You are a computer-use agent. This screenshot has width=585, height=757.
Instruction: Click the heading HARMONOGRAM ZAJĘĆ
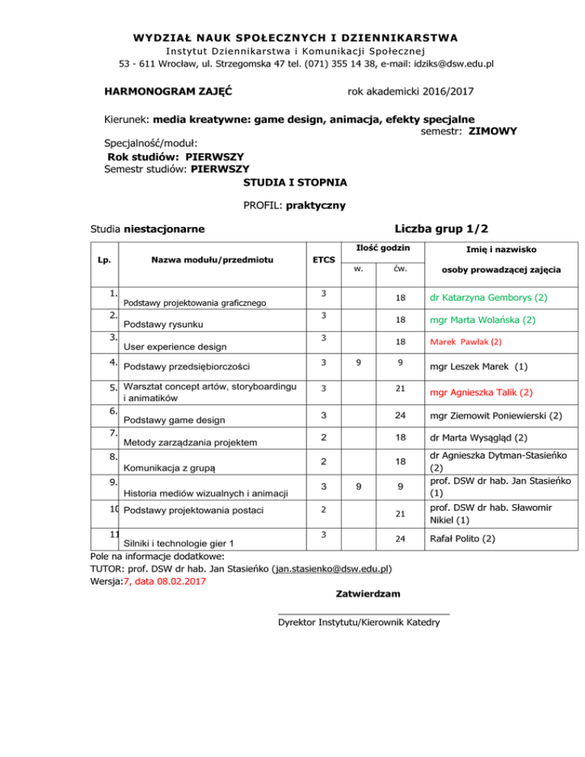pos(168,92)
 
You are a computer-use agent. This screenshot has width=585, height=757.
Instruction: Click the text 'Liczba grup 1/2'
pos(442,227)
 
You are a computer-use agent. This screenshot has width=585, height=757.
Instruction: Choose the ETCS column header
pos(324,260)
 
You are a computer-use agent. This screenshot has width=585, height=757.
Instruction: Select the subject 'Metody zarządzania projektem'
pos(190,442)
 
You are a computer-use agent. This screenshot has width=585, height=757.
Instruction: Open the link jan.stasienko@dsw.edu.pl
pos(333,568)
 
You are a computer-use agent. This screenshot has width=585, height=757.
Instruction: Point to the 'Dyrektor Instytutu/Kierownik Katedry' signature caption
pos(359,622)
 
